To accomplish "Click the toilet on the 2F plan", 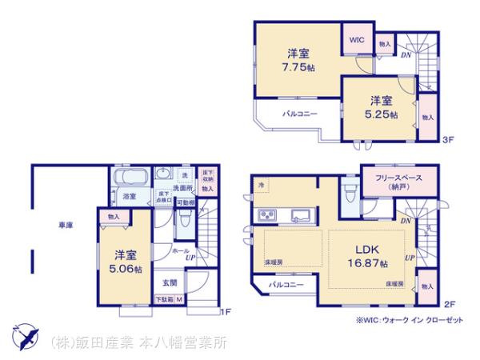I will click(349, 193).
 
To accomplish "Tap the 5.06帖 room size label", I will click(127, 262).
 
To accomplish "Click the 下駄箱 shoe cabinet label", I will click(165, 300).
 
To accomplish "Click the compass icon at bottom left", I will click(24, 337).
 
